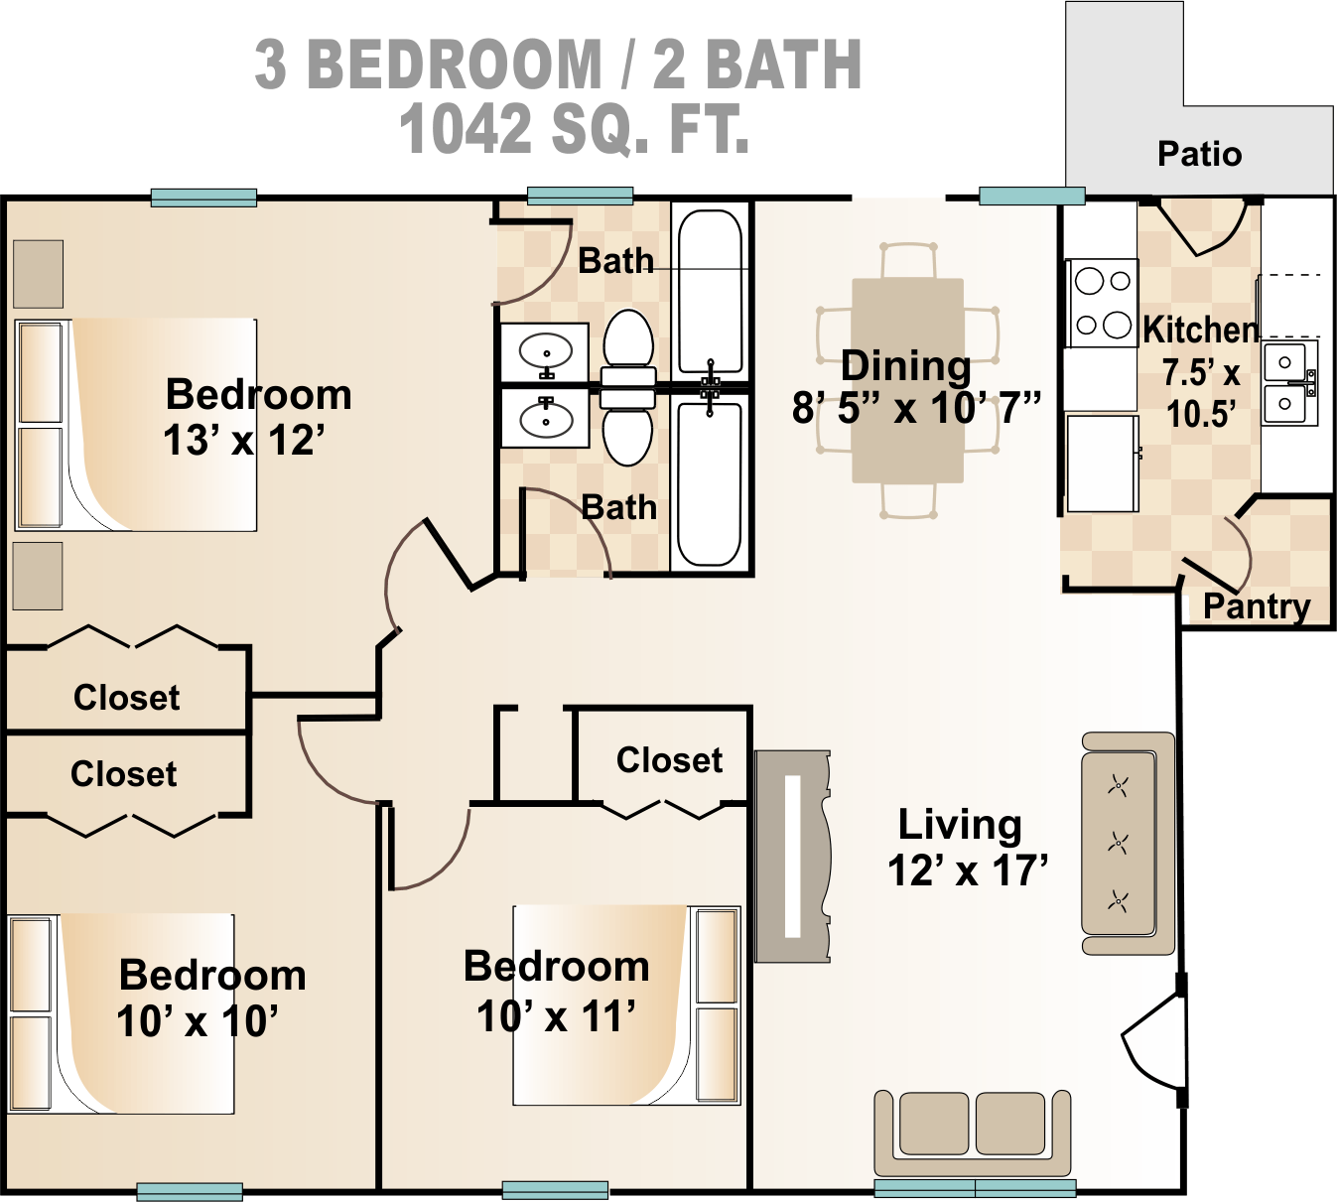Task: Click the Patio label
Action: pyautogui.click(x=1199, y=154)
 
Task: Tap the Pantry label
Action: pyautogui.click(x=1256, y=605)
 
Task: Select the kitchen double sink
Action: pyautogui.click(x=1288, y=383)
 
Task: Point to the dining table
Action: pyautogui.click(x=907, y=381)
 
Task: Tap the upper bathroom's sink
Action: pyautogui.click(x=545, y=352)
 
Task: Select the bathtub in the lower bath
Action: pyautogui.click(x=710, y=482)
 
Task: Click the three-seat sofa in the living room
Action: pyautogui.click(x=1128, y=844)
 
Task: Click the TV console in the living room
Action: pyautogui.click(x=792, y=856)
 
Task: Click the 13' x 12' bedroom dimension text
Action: pyautogui.click(x=243, y=441)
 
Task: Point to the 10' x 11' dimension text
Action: pyautogui.click(x=556, y=1016)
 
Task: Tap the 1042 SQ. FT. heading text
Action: pyautogui.click(x=574, y=130)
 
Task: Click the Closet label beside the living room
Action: pyautogui.click(x=669, y=760)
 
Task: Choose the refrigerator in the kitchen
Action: pyautogui.click(x=1102, y=463)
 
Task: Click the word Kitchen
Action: pyautogui.click(x=1200, y=330)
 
